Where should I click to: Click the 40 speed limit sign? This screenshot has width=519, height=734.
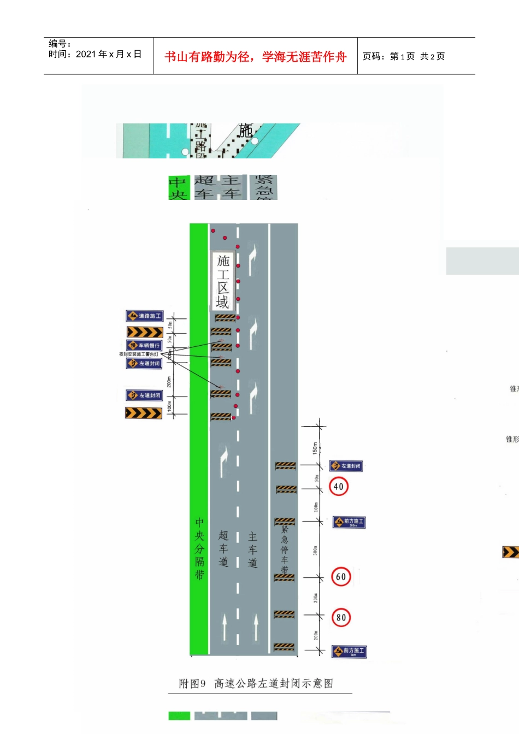[339, 487]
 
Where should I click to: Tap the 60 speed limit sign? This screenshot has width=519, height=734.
[341, 577]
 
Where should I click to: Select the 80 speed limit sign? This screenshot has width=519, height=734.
[341, 618]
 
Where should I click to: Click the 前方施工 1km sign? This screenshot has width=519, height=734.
[349, 652]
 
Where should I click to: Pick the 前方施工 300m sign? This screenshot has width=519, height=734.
[349, 522]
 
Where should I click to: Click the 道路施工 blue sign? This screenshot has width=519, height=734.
[145, 316]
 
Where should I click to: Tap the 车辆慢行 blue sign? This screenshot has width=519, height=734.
[145, 345]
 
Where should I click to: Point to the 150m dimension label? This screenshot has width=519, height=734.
[315, 448]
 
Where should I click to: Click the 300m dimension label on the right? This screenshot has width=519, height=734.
[315, 550]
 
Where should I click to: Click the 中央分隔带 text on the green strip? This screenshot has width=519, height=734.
[199, 548]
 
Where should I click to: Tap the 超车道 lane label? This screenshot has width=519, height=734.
[223, 548]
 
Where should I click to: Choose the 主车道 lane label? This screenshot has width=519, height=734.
[252, 549]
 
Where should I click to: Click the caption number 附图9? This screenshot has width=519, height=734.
[192, 684]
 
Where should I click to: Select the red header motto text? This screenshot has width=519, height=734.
[256, 57]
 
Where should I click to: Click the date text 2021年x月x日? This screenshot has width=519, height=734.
[109, 54]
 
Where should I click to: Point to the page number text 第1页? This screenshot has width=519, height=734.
[402, 56]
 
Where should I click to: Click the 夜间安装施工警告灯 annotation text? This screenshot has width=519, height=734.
[139, 354]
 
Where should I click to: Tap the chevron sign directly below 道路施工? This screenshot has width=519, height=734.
[145, 332]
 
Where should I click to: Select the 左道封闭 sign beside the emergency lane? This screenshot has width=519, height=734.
[346, 466]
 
